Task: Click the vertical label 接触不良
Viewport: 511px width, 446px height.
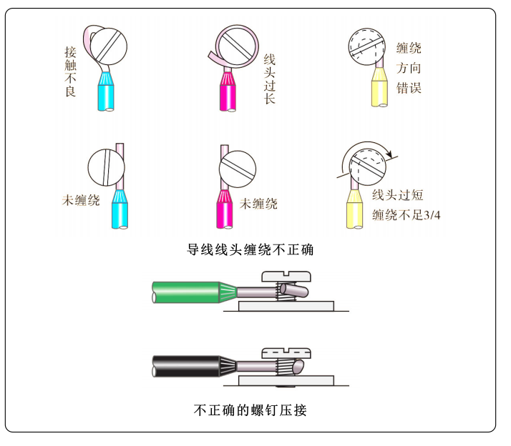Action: (70, 71)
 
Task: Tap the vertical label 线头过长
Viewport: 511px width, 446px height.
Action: (270, 79)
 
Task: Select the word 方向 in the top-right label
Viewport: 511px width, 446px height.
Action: (409, 69)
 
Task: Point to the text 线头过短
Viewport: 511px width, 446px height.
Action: (398, 195)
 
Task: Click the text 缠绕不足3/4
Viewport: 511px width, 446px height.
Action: (406, 215)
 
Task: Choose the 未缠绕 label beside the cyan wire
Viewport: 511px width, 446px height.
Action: (81, 200)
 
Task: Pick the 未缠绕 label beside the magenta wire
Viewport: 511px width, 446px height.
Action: (258, 204)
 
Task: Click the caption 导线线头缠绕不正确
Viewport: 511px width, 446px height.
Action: (250, 249)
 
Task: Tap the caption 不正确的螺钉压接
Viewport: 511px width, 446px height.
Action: (250, 410)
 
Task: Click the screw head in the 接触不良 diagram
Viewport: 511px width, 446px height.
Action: (109, 46)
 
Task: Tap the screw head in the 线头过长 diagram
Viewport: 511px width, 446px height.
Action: (237, 46)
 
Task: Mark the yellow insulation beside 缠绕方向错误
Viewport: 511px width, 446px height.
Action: (379, 87)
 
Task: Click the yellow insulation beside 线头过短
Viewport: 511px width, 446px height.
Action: (354, 209)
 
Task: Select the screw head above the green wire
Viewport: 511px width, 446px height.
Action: (286, 277)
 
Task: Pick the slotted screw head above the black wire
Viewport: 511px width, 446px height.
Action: (286, 353)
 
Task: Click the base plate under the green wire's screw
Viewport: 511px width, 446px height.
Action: (286, 306)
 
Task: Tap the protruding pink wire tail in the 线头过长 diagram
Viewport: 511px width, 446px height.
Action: (215, 57)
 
